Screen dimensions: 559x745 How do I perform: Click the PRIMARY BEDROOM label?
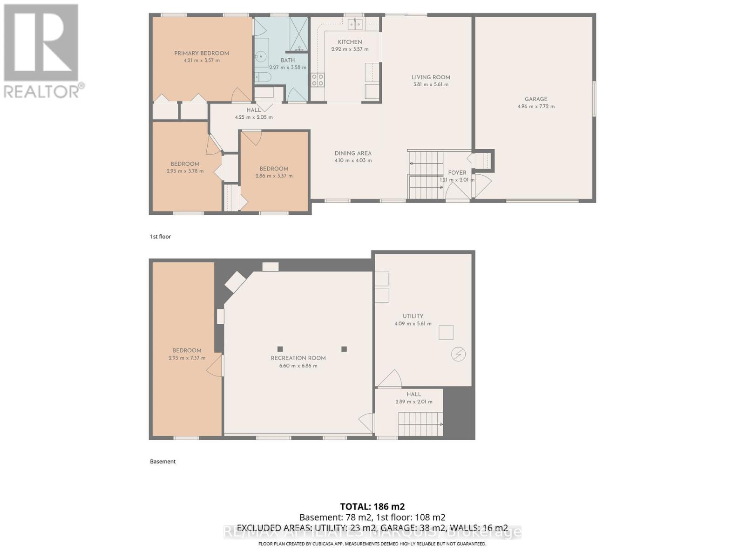[202, 53]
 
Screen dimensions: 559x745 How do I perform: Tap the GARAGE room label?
[536, 99]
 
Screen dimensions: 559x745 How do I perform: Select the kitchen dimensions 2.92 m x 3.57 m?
[350, 49]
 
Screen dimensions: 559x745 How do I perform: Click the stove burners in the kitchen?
[318, 80]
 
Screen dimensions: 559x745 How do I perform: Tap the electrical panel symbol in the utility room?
[458, 354]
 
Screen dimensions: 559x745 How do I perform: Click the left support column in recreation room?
[280, 349]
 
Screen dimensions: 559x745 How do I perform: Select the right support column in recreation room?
[344, 349]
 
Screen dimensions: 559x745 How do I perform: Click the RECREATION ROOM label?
[298, 358]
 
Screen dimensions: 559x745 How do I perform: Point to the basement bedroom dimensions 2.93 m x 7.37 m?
[187, 358]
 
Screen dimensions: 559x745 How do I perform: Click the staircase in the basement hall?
[420, 424]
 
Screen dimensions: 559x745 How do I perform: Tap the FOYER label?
[457, 172]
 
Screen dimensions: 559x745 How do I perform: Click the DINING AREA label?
[353, 153]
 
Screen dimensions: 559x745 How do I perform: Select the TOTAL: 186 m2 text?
[372, 506]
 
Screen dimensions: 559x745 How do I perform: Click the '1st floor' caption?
[160, 237]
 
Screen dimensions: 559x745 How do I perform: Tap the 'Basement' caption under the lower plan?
[163, 462]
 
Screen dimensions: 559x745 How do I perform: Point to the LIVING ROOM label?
[431, 77]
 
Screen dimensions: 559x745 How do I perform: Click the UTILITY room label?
[413, 316]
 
